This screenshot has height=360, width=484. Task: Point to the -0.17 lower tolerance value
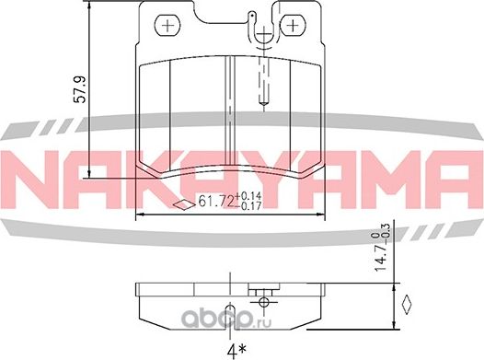pyautogui.click(x=248, y=209)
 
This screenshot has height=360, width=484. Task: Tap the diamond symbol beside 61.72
pyautogui.click(x=182, y=204)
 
